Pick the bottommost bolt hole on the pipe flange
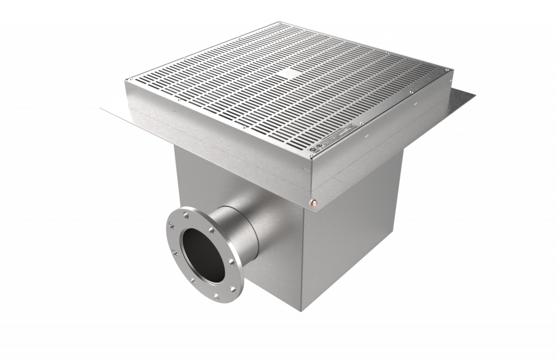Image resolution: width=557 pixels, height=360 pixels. coord(216,296)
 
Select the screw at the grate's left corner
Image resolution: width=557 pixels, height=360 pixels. coord(127,79)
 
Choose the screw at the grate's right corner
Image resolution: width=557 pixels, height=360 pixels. coord(451,70)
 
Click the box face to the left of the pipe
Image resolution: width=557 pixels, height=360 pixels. coord(188,174)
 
